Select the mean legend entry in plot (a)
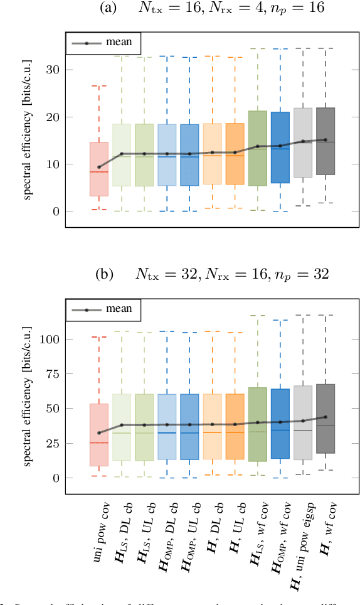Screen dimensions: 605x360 pos(103,43)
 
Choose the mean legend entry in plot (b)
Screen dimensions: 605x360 pos(103,309)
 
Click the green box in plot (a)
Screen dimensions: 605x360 pos(257,148)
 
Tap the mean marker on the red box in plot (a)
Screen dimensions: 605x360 pos(98,168)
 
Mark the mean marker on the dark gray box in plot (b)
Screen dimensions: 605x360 pos(325,417)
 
